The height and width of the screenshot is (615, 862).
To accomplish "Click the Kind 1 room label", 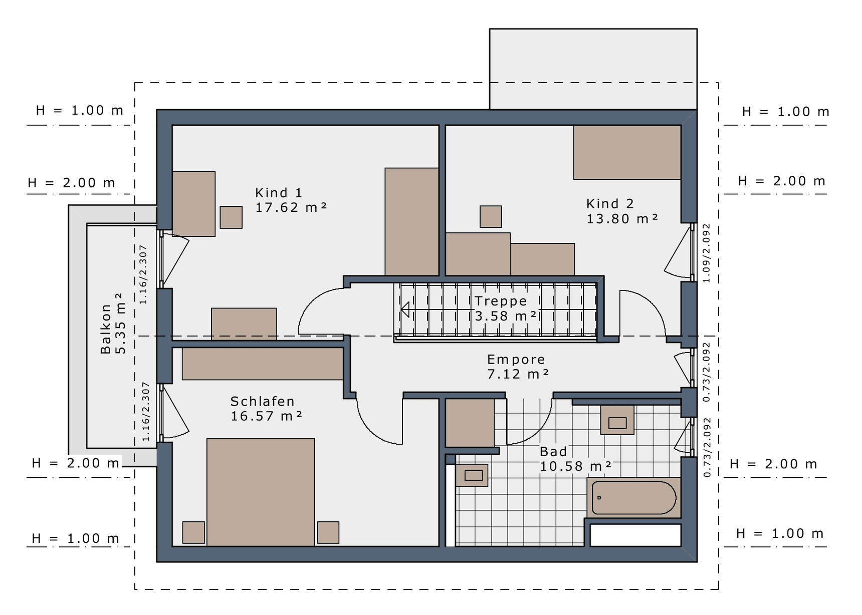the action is click(x=279, y=193).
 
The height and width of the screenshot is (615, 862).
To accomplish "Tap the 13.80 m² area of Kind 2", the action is click(x=622, y=219).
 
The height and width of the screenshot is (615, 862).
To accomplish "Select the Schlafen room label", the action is click(x=262, y=401).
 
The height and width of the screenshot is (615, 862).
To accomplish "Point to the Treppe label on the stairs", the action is click(x=501, y=301).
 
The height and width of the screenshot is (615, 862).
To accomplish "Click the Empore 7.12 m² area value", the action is click(x=518, y=374).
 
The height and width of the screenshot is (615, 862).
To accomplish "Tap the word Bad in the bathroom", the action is click(x=553, y=451).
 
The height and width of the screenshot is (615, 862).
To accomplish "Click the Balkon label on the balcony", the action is click(x=106, y=329).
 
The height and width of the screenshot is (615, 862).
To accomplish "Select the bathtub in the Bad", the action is click(x=634, y=498).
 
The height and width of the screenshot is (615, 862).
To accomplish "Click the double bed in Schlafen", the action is click(x=261, y=492).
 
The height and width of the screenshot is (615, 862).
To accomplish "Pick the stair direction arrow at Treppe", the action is click(x=405, y=310).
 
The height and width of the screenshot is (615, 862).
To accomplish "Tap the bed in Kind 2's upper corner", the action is click(x=627, y=152).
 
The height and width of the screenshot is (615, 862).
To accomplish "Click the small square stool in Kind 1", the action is click(x=231, y=217).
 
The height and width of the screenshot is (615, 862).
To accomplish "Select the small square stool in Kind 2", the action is click(x=491, y=216).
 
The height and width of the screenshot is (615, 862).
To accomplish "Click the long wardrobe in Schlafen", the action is click(x=263, y=364).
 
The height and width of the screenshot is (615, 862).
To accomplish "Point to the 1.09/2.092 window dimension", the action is click(x=707, y=253).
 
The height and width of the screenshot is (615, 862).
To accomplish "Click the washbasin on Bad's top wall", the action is click(x=617, y=420).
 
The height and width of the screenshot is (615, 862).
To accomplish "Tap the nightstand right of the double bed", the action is click(x=328, y=532).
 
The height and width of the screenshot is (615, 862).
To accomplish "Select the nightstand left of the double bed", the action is click(x=193, y=532).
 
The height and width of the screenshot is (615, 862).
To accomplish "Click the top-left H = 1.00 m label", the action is click(x=79, y=110).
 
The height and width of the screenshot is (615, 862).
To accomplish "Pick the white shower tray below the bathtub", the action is click(x=635, y=535).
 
